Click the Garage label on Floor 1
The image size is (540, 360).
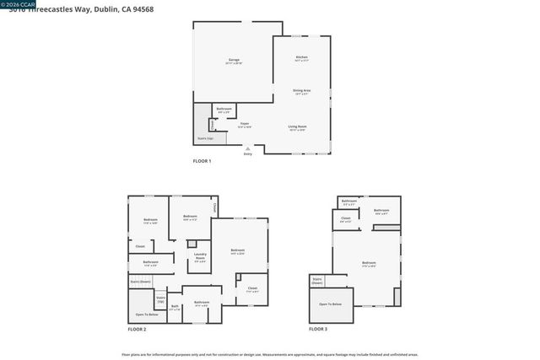(233, 61)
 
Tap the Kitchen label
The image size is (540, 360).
(301, 57)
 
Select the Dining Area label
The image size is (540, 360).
(301, 90)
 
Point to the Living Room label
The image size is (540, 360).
(297, 126)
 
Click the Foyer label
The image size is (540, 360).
(245, 124)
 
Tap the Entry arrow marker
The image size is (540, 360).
(247, 148)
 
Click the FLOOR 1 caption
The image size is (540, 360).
(202, 160)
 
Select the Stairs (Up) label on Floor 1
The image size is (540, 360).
(205, 138)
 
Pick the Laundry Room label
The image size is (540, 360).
(201, 255)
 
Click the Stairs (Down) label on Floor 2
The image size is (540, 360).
(140, 281)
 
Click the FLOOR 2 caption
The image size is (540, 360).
(137, 329)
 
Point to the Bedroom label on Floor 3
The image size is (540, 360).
(369, 263)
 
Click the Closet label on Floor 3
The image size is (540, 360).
(346, 218)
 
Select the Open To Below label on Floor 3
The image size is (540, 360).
(331, 304)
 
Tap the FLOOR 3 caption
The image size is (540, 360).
(318, 329)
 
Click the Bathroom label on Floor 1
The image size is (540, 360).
(224, 109)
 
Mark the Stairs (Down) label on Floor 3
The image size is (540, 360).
(318, 280)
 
